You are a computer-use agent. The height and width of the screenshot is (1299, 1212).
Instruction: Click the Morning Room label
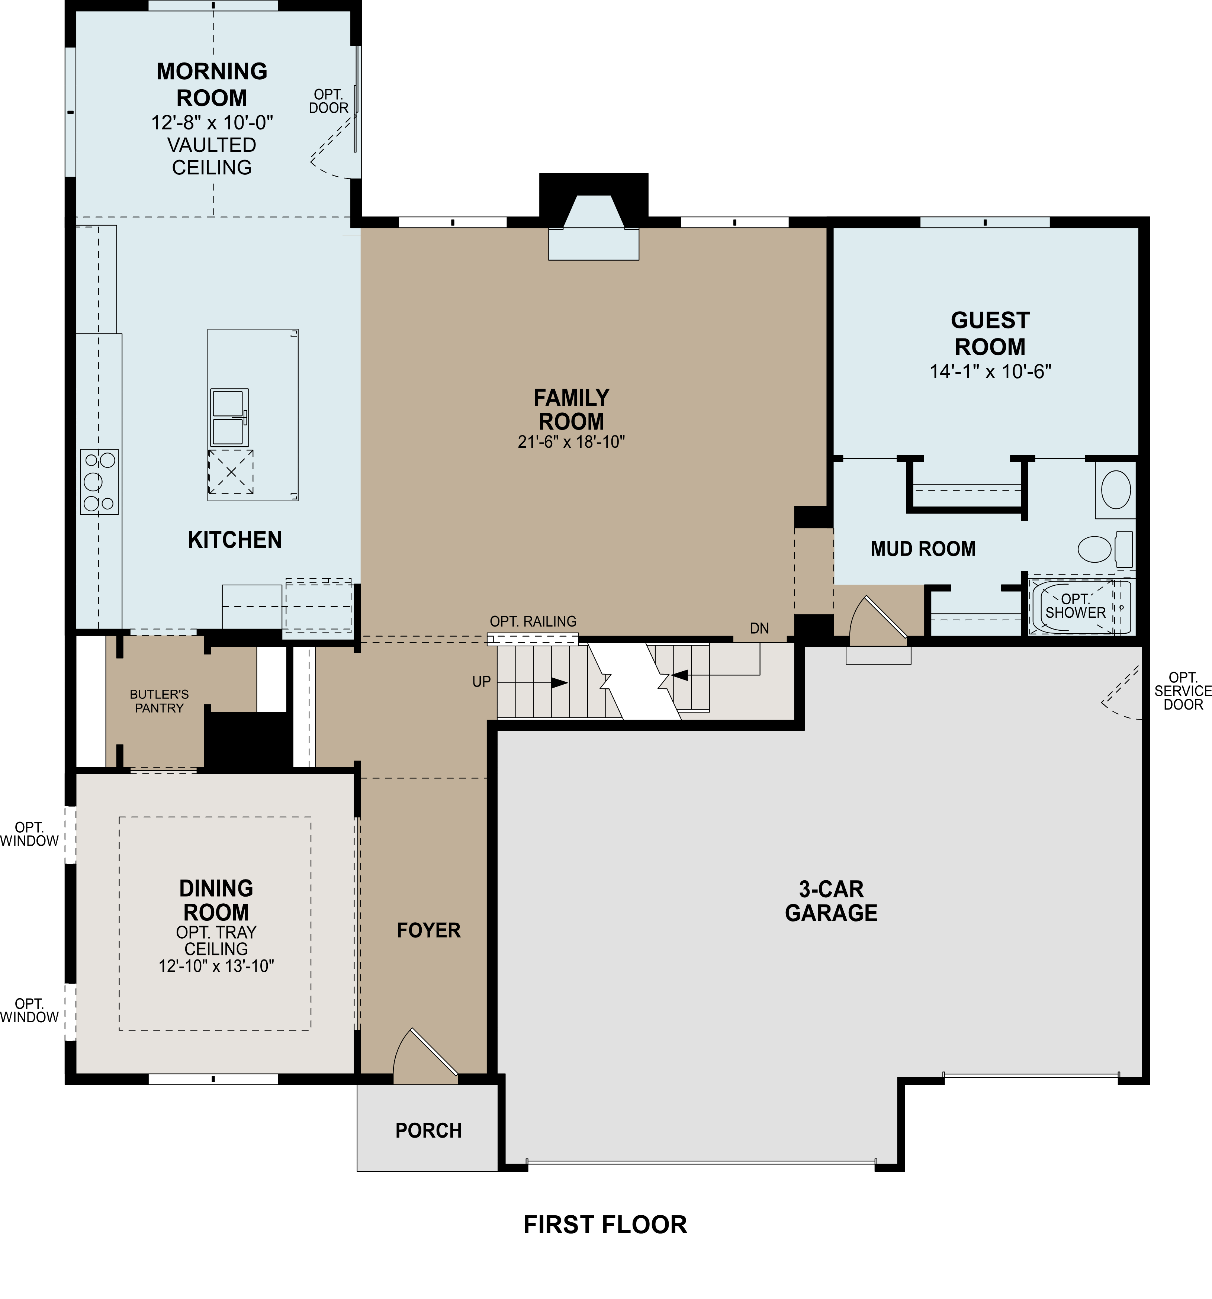click(212, 84)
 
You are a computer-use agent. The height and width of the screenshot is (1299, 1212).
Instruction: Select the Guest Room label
click(990, 333)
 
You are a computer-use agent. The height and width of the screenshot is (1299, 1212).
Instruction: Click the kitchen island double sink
click(229, 417)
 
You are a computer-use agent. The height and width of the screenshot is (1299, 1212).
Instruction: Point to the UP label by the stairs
click(482, 682)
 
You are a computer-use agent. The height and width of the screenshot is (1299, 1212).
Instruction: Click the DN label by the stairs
click(759, 628)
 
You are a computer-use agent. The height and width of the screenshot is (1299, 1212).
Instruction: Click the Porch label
click(429, 1131)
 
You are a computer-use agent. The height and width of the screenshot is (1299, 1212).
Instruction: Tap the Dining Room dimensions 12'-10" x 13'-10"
click(216, 966)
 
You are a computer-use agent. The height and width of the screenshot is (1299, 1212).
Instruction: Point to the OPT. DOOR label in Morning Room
click(329, 101)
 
